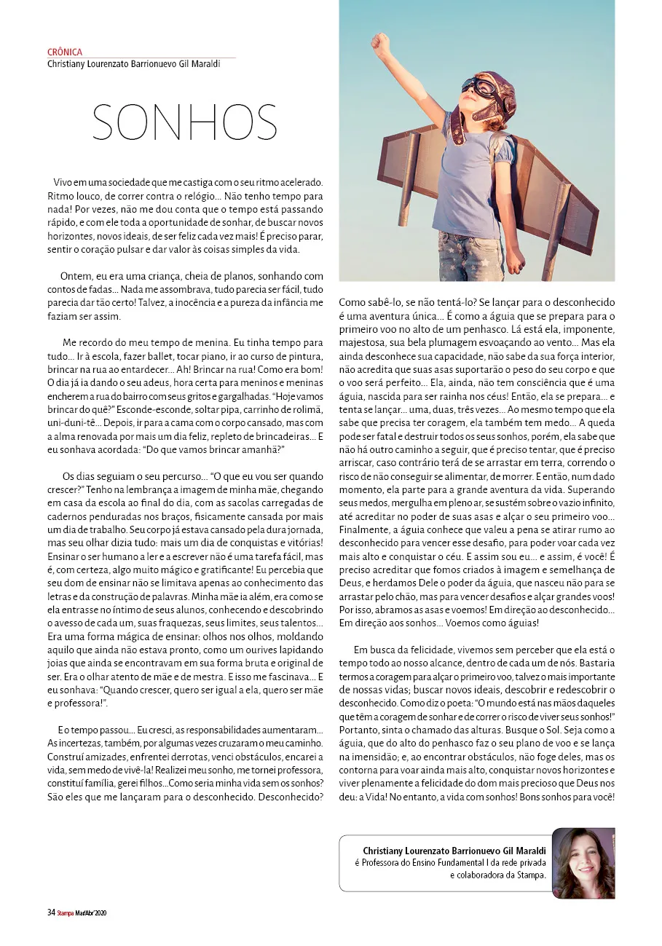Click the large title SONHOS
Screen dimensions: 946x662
pyautogui.click(x=185, y=122)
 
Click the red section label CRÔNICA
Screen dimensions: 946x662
pyautogui.click(x=64, y=52)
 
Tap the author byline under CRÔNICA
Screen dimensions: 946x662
pyautogui.click(x=133, y=63)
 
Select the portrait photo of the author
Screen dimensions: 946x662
pyautogui.click(x=583, y=863)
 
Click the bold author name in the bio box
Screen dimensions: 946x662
pyautogui.click(x=454, y=850)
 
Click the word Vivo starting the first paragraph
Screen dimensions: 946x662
pyautogui.click(x=64, y=182)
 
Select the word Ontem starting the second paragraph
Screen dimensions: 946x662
pyautogui.click(x=75, y=276)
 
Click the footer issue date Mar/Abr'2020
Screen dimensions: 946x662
pyautogui.click(x=92, y=912)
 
